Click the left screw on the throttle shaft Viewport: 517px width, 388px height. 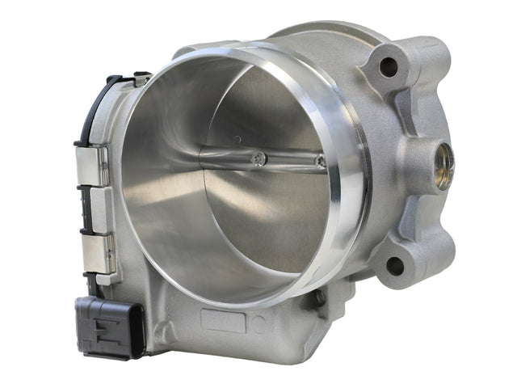tap(259, 159)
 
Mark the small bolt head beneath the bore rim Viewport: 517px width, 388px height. tap(320, 297)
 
